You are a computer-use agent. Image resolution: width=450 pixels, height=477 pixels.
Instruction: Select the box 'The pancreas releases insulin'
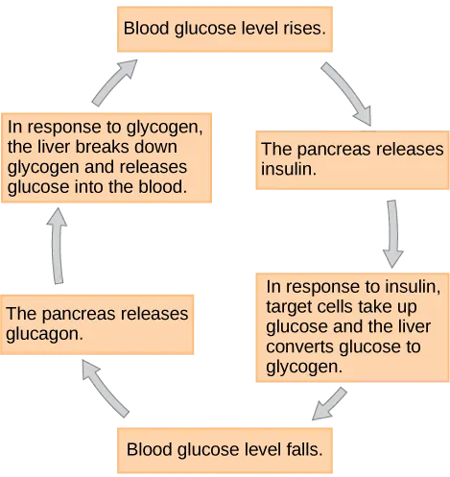point(352,159)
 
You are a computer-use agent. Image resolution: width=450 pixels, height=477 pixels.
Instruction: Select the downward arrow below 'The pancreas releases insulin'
point(391,233)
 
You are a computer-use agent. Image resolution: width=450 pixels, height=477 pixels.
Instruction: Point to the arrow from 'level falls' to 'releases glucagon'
point(105,388)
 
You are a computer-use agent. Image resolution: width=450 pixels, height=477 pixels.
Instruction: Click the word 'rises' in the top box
point(306,30)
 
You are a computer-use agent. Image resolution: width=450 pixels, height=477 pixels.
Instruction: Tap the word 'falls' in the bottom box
point(302,448)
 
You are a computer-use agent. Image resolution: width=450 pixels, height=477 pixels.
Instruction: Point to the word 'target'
point(286,306)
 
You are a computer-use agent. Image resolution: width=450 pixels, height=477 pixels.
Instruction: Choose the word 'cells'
point(331,306)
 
